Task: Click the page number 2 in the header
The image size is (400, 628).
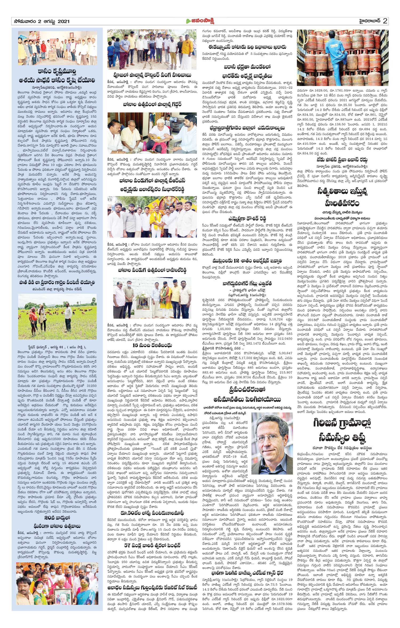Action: click(385, 21)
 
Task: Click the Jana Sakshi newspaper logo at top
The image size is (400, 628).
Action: click(200, 21)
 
